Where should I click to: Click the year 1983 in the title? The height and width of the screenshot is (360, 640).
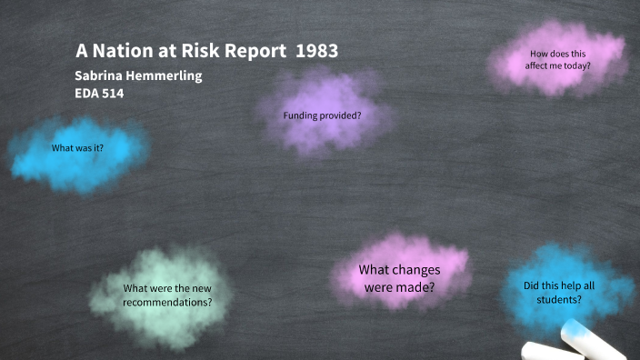[317, 52]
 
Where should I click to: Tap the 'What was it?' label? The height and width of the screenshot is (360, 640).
[77, 147]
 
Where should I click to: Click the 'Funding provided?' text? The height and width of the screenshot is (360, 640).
[322, 115]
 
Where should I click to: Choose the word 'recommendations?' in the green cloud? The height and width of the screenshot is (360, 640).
[167, 301]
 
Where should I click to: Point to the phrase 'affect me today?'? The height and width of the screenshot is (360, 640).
[557, 65]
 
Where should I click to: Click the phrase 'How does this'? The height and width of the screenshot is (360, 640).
[557, 54]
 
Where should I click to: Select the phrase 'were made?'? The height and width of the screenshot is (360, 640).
[399, 287]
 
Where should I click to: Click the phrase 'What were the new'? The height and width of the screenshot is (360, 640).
[167, 288]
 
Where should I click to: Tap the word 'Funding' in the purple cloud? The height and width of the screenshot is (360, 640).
[302, 115]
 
